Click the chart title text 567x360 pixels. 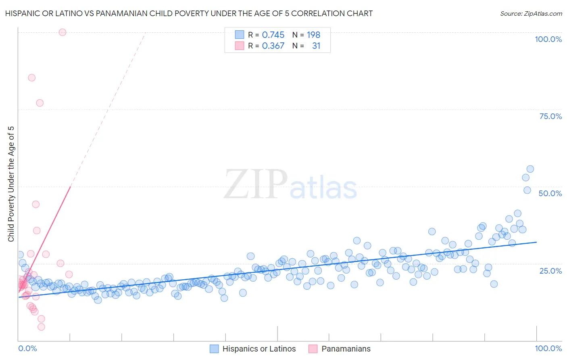[189, 13]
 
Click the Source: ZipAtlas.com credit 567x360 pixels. [531, 13]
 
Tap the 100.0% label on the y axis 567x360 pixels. [548, 39]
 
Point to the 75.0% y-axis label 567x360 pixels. [550, 116]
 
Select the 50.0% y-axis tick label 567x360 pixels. [550, 193]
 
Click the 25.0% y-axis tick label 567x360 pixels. [550, 270]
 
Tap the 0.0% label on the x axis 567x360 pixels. [27, 348]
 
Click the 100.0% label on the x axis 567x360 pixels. [548, 348]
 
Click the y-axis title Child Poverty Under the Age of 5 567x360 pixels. [11, 184]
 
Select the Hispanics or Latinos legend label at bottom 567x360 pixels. [259, 349]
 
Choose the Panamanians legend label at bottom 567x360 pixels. [346, 349]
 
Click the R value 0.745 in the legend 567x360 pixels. [273, 35]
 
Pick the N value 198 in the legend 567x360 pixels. [313, 35]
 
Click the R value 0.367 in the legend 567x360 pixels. [273, 46]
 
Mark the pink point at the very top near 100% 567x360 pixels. [63, 32]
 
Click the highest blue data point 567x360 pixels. [530, 169]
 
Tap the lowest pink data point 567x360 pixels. [41, 327]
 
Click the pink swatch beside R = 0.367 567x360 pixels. [240, 46]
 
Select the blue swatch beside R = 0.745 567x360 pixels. [240, 35]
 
